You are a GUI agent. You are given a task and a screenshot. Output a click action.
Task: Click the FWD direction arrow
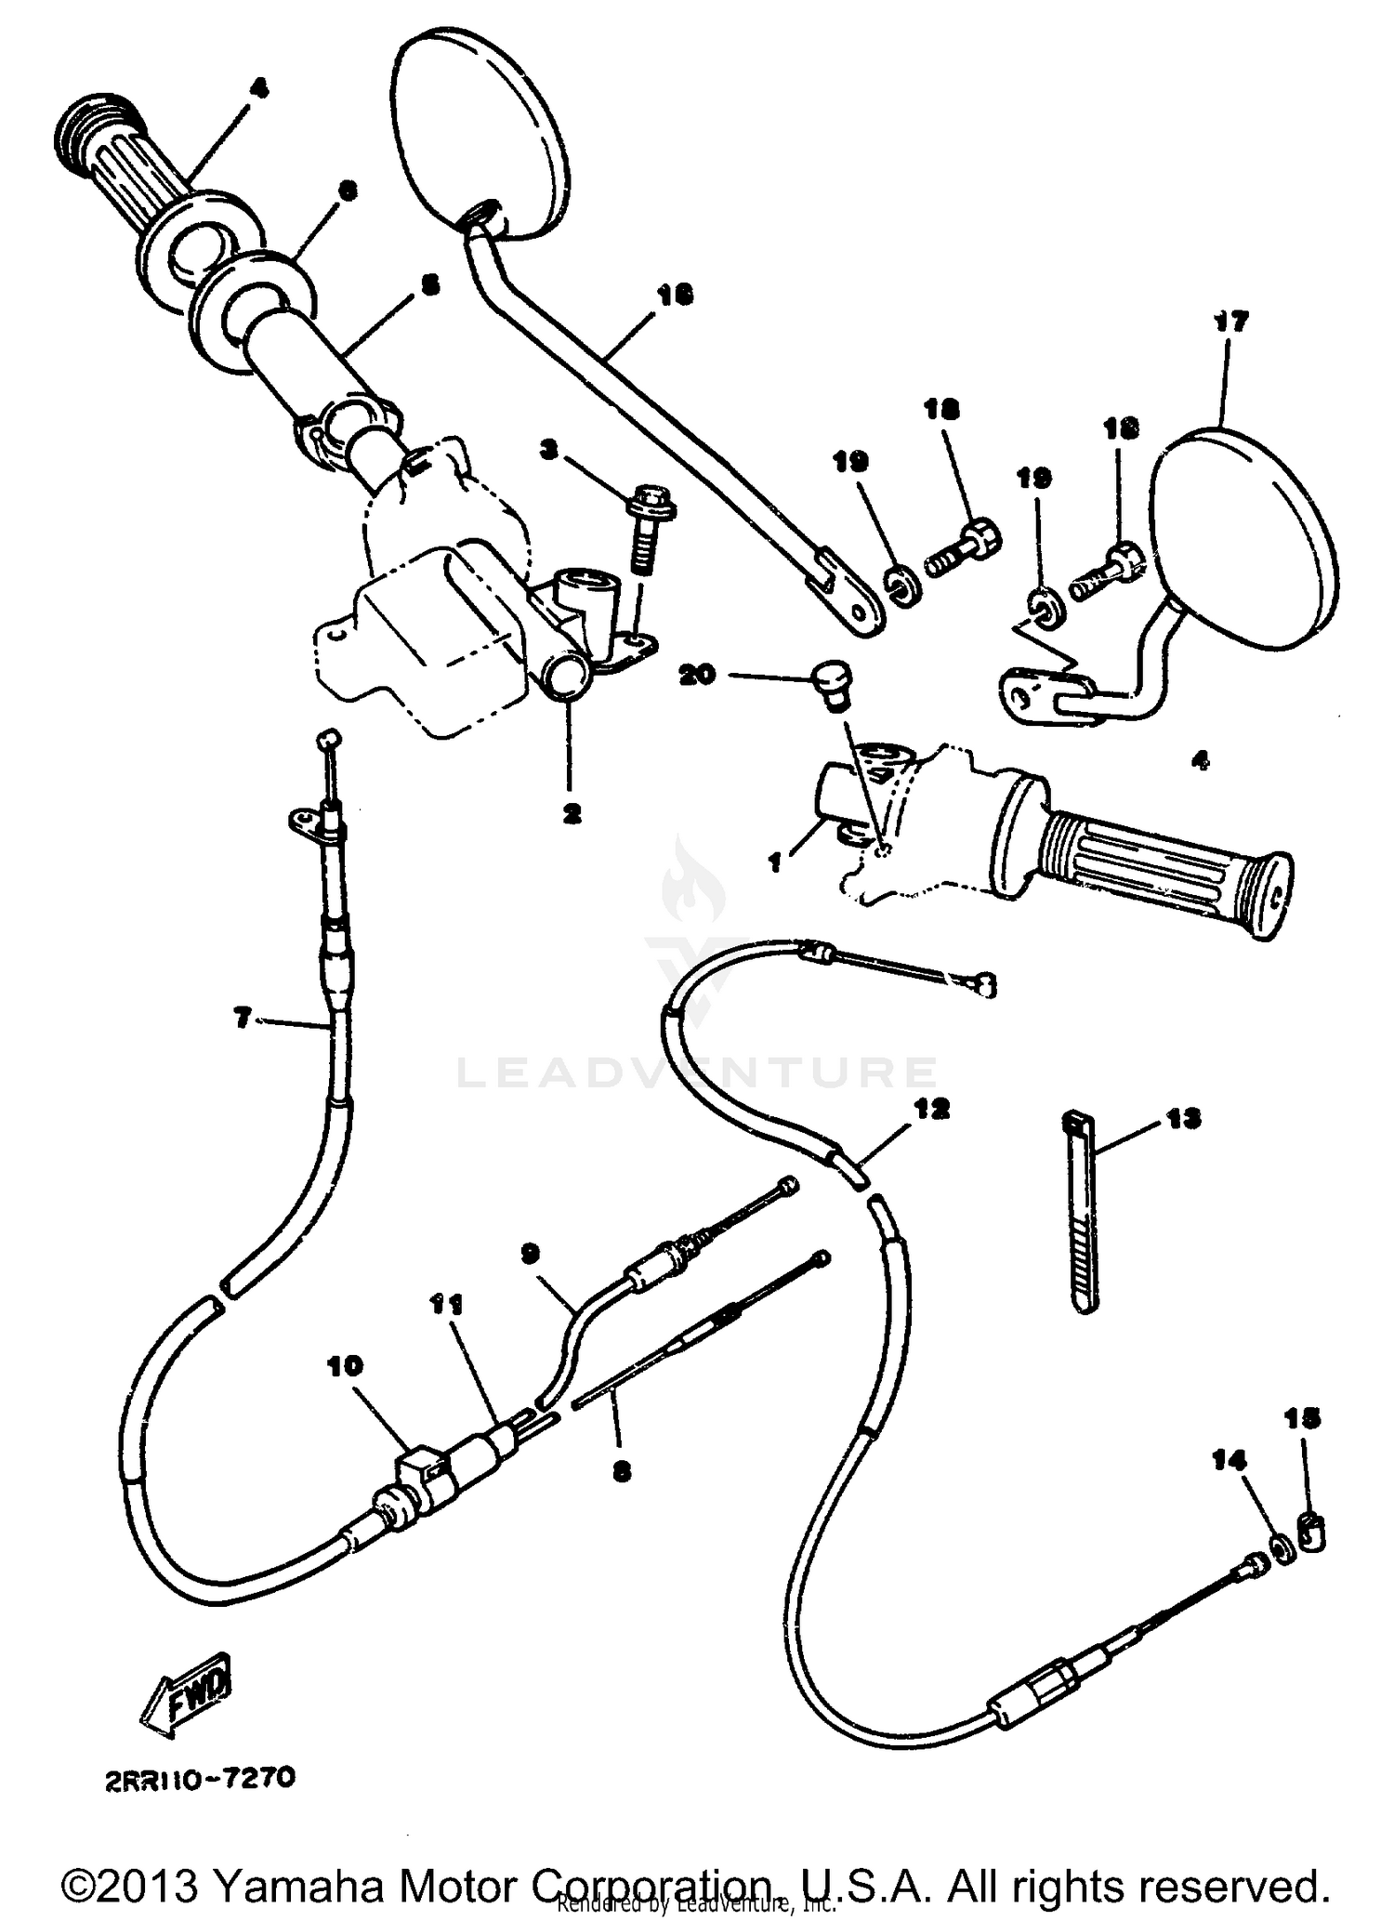tap(183, 1696)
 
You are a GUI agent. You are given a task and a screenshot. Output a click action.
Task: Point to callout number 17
tap(1230, 322)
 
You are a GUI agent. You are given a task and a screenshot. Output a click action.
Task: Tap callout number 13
tap(1183, 1118)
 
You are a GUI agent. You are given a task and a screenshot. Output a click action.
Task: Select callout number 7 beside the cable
tap(242, 1020)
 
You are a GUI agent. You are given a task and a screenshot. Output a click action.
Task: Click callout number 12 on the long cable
tap(932, 1108)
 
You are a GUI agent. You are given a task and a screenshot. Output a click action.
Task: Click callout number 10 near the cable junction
tap(345, 1366)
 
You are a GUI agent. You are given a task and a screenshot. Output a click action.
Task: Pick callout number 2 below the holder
tap(571, 813)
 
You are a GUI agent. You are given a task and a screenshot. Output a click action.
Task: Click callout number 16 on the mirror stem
tap(676, 295)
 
